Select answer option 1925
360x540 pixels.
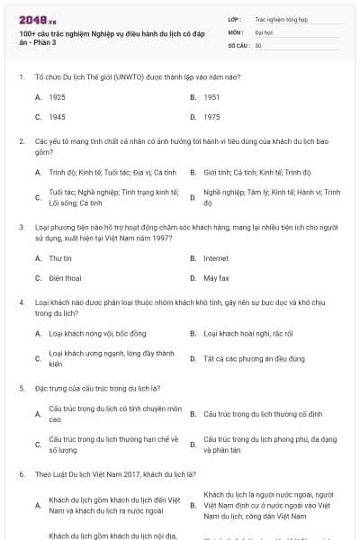(57, 96)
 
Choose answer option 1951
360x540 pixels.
(211, 96)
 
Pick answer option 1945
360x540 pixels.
(57, 117)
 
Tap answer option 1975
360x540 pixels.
(211, 117)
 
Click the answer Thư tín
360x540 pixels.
(60, 257)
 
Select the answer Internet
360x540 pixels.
(216, 257)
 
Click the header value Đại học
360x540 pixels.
(264, 31)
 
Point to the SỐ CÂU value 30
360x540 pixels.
(258, 44)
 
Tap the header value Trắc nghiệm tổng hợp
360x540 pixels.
(280, 17)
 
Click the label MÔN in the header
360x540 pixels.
(236, 31)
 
